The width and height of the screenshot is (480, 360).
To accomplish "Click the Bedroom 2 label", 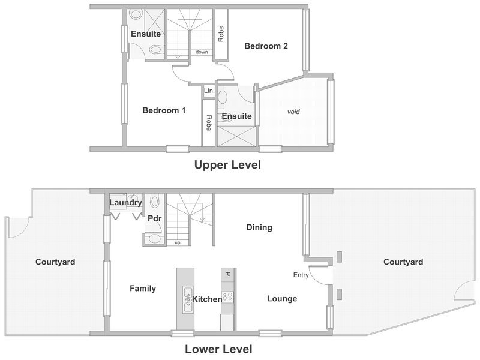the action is (266, 46).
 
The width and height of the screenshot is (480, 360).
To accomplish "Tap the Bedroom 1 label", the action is (164, 110).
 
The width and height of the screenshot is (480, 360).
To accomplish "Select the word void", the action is (293, 112).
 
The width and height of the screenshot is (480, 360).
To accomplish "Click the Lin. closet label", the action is (209, 91).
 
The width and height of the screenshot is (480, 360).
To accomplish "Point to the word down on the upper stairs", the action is (202, 52).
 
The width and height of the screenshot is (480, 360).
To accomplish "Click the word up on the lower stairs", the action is (177, 243).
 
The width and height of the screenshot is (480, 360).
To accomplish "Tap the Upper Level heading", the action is (228, 164).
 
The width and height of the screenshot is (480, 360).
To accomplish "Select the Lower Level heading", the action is (218, 349).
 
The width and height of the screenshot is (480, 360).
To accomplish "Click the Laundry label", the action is (125, 203).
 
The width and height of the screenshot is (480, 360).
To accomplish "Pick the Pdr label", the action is (154, 218).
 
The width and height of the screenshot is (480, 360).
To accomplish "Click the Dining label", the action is (259, 227).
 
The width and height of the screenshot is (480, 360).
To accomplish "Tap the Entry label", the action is (301, 275).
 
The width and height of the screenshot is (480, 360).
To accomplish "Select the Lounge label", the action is (282, 298).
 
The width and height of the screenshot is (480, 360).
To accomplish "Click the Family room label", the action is (143, 289).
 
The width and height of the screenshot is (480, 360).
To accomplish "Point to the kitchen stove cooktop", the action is (227, 296).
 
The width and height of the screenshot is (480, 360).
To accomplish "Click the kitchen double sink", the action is (188, 299).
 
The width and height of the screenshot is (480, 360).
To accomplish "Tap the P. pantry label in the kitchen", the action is (227, 275).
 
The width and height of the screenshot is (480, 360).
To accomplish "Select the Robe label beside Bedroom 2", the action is (221, 34).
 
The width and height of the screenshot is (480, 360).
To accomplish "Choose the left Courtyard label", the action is (55, 262).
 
